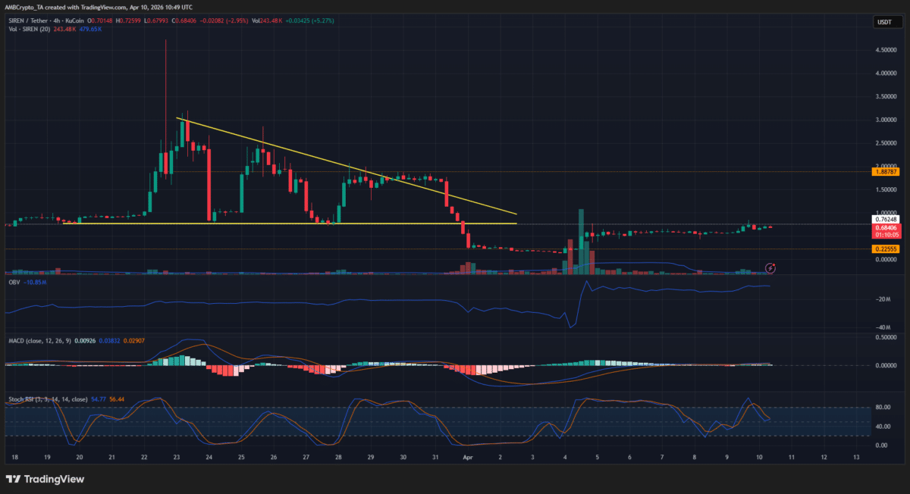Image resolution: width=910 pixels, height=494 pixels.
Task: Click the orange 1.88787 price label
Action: tap(886, 172)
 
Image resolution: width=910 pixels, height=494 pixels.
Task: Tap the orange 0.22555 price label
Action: tap(885, 249)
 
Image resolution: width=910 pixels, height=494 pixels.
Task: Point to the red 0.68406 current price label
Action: tap(885, 228)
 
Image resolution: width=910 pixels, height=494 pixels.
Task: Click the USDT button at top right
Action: tap(884, 22)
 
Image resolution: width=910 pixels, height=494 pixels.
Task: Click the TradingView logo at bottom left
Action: tap(45, 479)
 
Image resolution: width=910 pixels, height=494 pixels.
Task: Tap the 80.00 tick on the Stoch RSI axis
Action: tap(882, 407)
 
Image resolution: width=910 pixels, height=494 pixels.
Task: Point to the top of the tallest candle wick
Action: tap(165, 39)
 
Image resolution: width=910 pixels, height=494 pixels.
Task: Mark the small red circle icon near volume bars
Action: tap(770, 267)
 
